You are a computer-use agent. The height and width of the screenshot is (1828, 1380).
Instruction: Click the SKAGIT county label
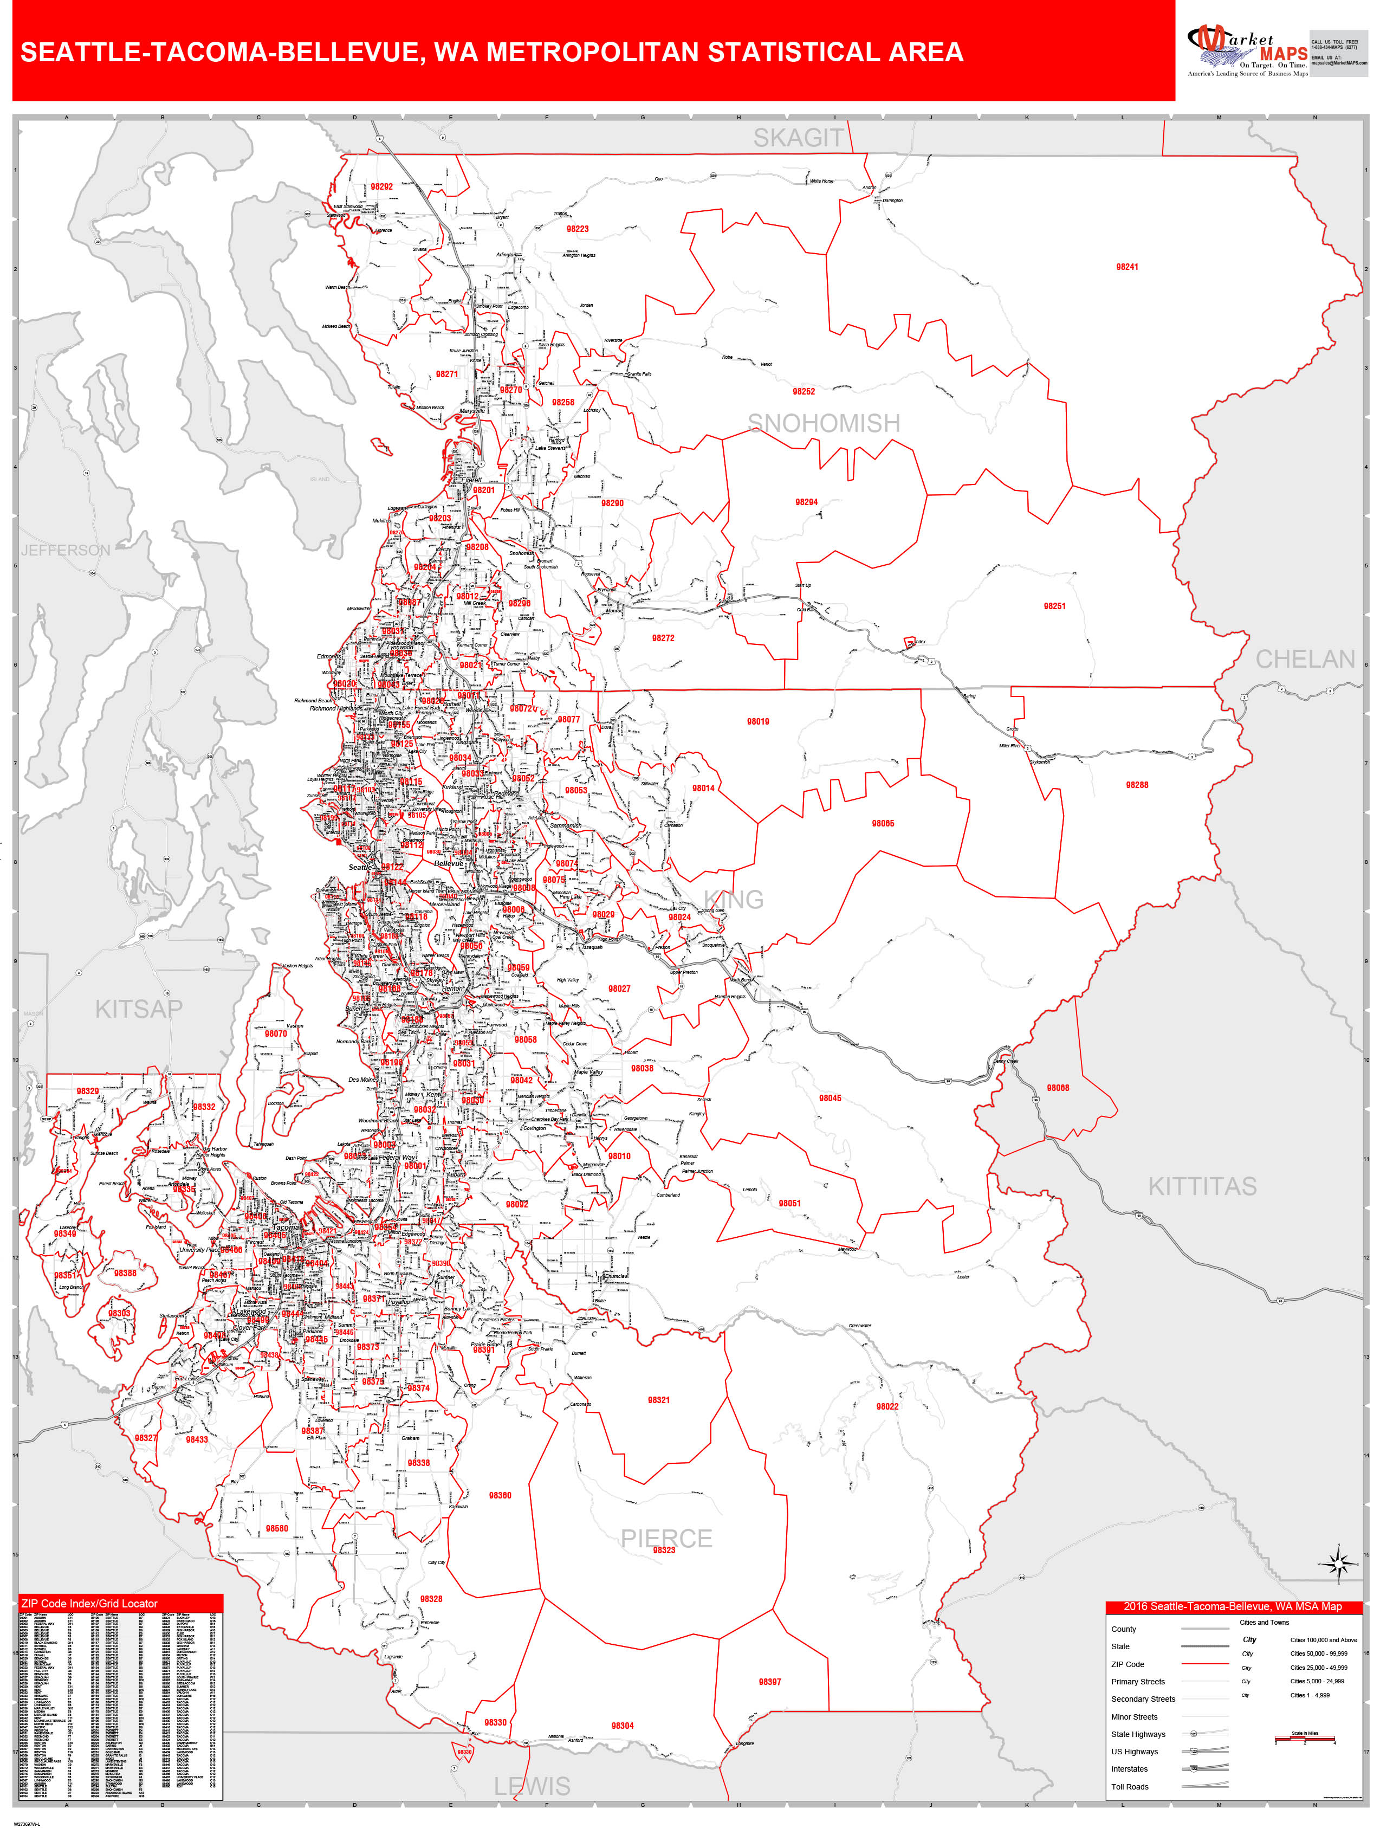tap(798, 138)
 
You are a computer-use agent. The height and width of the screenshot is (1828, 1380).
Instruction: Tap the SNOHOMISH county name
tap(824, 423)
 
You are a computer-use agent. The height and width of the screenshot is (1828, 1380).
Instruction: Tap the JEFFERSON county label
tap(66, 551)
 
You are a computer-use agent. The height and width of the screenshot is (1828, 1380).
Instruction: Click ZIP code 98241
tap(1127, 267)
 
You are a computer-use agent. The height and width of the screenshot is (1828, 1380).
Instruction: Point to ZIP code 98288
tap(1137, 785)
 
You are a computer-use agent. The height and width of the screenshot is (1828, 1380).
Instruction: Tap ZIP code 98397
tap(770, 1682)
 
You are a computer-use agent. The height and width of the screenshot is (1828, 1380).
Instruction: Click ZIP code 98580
tap(277, 1529)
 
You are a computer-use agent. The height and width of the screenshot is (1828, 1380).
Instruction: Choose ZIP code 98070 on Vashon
tap(276, 1034)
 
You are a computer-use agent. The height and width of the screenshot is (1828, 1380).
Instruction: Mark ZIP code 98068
tap(1058, 1088)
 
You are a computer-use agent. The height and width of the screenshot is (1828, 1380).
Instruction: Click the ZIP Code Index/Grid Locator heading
tap(89, 1603)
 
